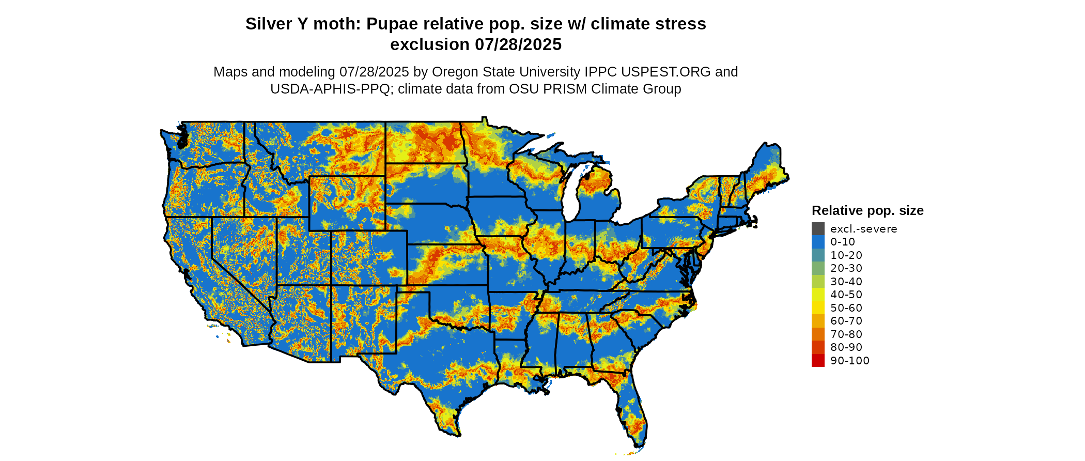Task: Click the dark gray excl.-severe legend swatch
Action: (818, 228)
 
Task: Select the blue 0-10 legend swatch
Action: (818, 242)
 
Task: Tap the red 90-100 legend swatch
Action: (818, 361)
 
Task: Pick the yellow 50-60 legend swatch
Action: (818, 308)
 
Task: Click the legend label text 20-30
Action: (846, 268)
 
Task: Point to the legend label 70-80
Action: (846, 334)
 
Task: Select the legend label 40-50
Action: (846, 295)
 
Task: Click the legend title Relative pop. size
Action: (867, 211)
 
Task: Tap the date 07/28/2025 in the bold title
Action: (518, 45)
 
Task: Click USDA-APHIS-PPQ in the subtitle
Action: (330, 89)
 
